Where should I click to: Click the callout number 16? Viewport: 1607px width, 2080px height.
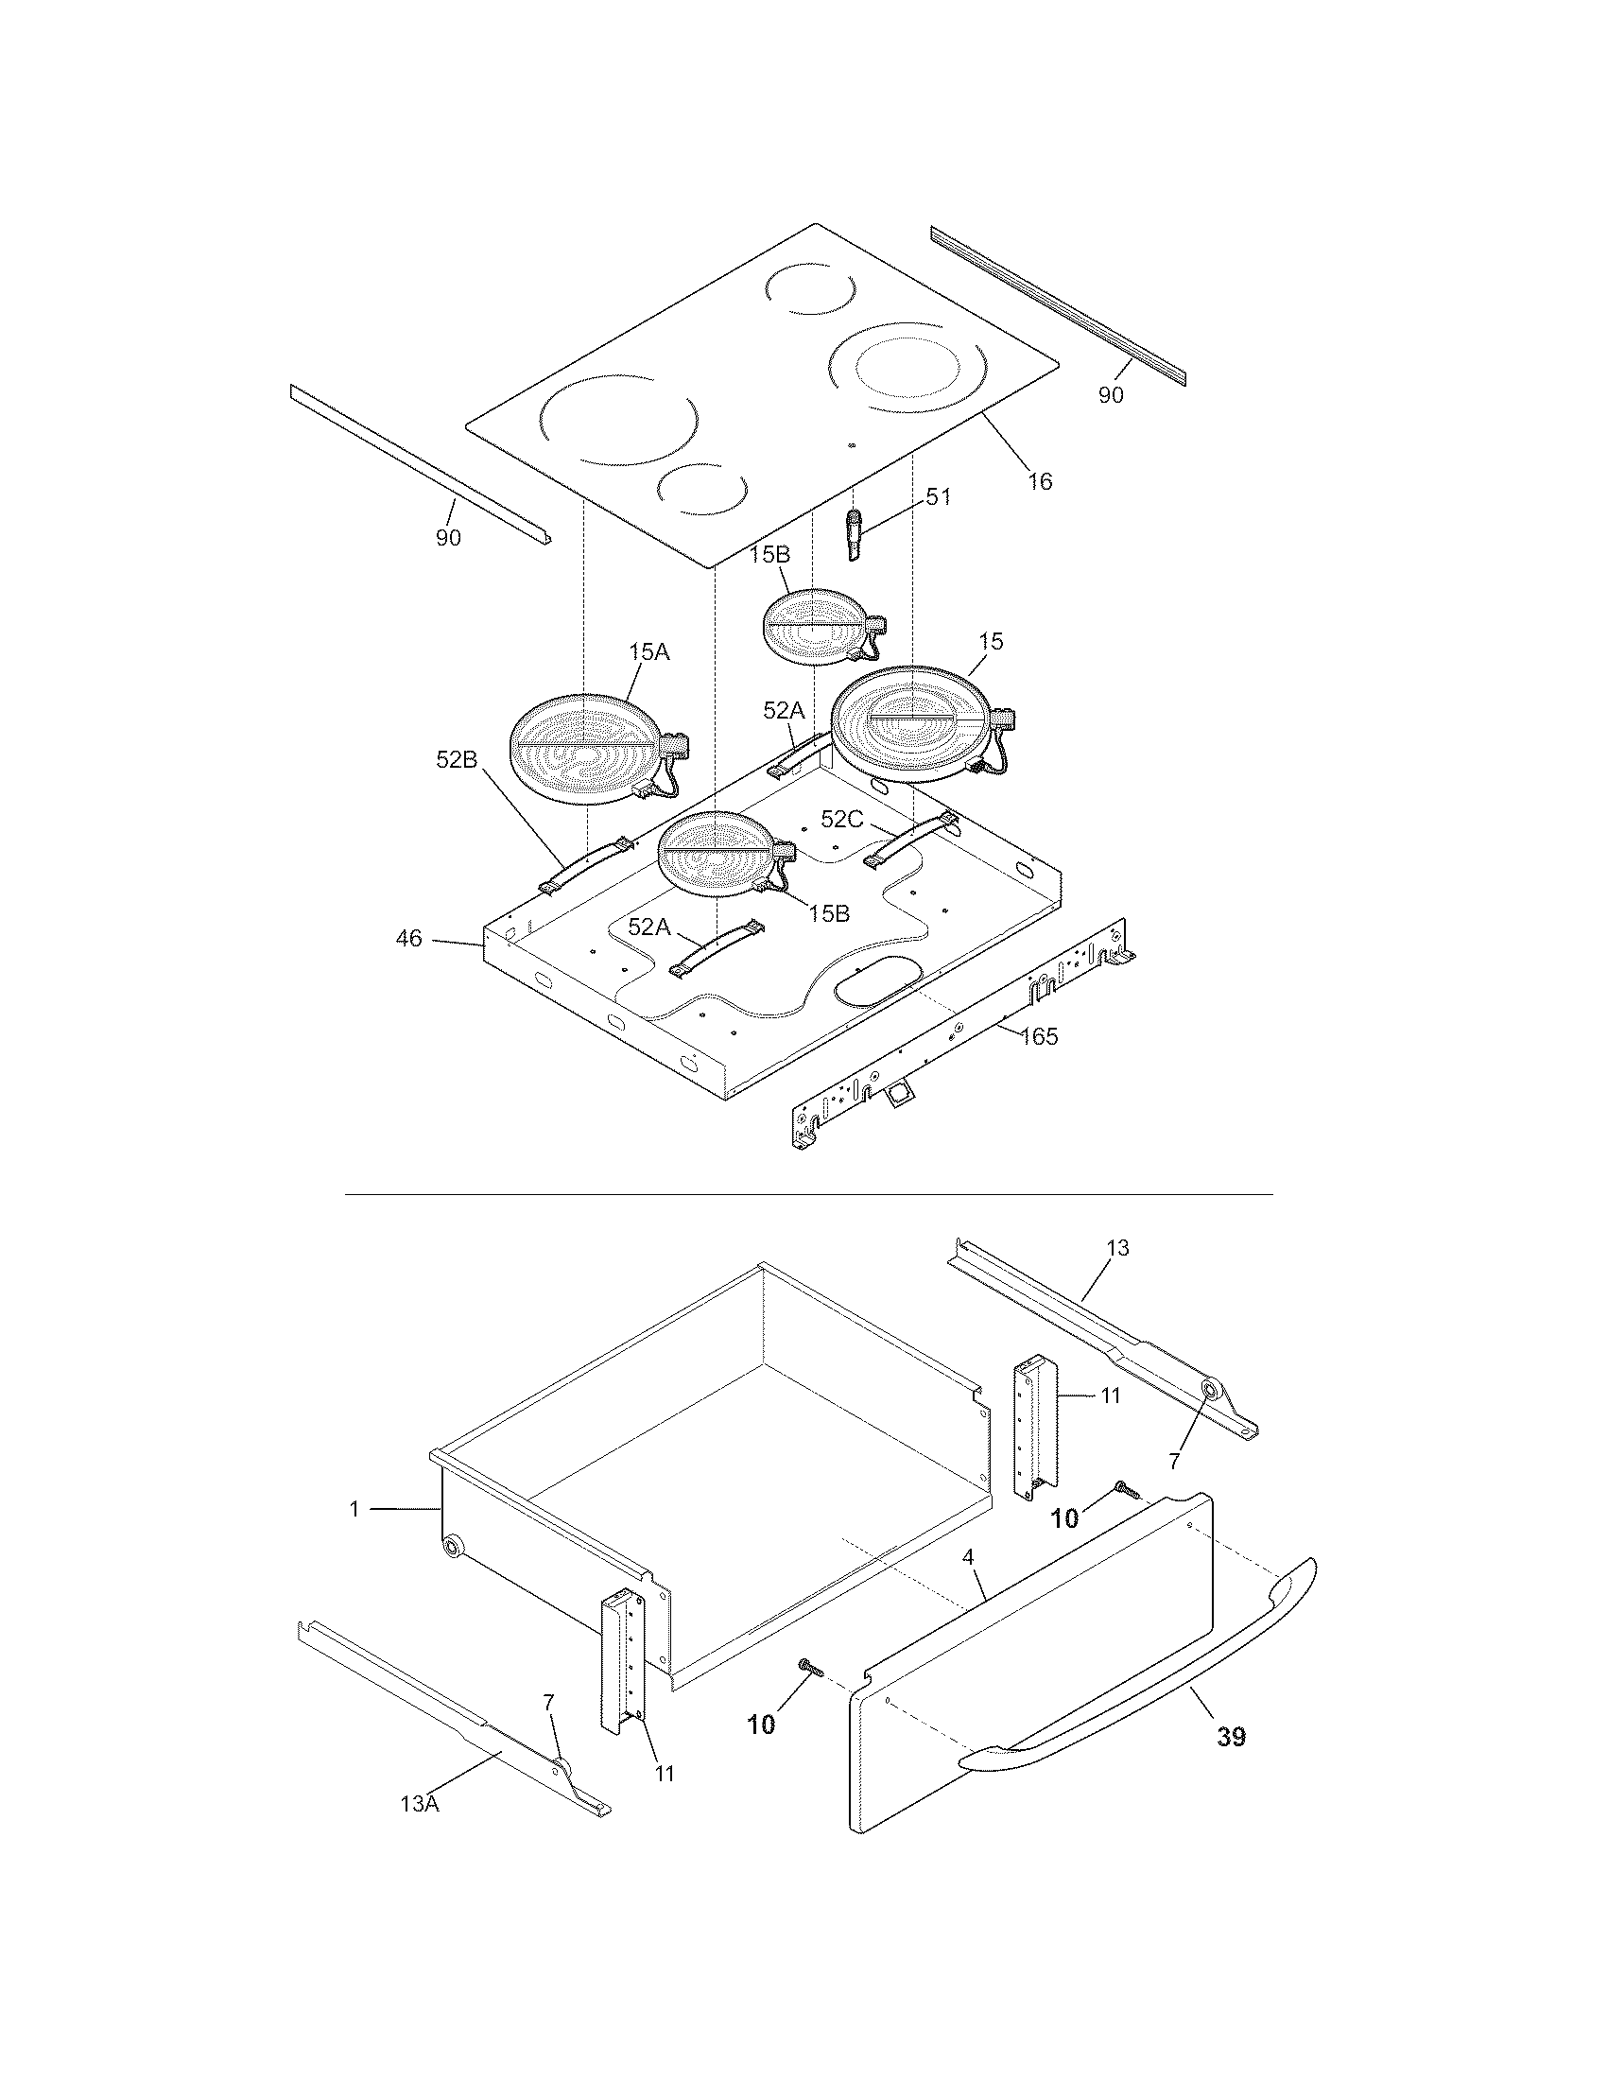(1041, 481)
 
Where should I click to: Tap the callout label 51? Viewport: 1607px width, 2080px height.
(939, 497)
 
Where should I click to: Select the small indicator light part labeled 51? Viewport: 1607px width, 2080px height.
(853, 535)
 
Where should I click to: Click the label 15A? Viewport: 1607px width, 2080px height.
(648, 651)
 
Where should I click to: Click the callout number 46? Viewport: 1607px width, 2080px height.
(408, 939)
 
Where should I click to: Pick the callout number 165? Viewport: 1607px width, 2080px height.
(1039, 1036)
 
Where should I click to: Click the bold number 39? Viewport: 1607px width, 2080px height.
(1231, 1737)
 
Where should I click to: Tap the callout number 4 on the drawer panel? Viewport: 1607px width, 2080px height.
(968, 1557)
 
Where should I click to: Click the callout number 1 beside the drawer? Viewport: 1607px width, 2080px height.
(354, 1510)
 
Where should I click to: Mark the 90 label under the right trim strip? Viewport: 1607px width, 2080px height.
(1111, 394)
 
